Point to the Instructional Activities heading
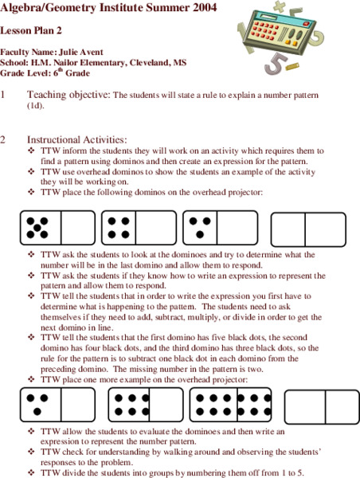click(x=76, y=140)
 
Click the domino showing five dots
click(x=57, y=227)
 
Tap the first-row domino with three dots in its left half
click(x=220, y=227)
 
